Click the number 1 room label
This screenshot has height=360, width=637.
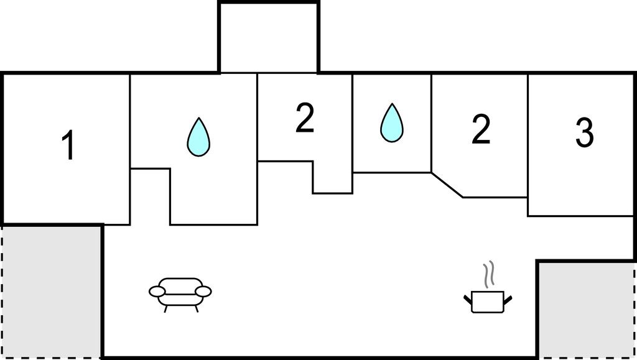(68, 146)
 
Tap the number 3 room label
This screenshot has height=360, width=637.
(584, 133)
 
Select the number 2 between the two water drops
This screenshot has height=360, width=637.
(304, 119)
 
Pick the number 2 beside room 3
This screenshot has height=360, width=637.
(480, 129)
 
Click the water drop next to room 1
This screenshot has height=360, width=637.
(198, 137)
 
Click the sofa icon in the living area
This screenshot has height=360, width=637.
(180, 292)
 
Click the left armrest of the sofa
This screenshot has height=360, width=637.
(157, 290)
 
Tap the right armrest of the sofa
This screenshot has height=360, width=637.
(203, 290)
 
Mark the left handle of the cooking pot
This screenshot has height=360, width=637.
(468, 300)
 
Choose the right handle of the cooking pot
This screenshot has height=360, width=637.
(508, 300)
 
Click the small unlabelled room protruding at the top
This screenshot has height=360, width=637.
(269, 37)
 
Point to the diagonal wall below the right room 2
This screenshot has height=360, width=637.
(447, 185)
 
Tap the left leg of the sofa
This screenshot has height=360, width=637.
(165, 307)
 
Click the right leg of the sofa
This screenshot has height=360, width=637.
(195, 307)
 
